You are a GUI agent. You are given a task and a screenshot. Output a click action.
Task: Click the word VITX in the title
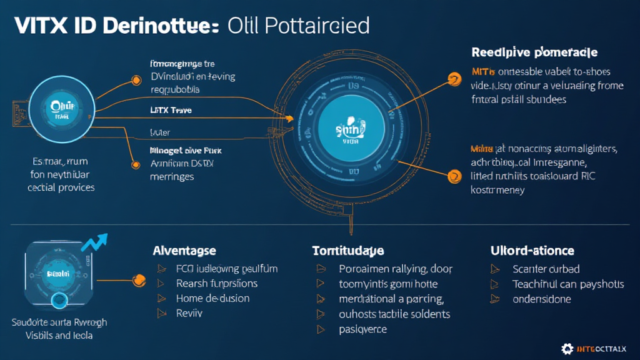pyautogui.click(x=39, y=26)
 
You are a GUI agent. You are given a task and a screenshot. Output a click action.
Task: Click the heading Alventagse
pyautogui.click(x=184, y=251)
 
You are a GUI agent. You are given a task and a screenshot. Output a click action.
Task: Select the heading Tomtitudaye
pyautogui.click(x=347, y=251)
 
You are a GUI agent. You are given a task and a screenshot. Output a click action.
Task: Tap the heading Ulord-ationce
pyautogui.click(x=532, y=251)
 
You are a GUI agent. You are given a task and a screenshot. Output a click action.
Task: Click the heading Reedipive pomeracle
pyautogui.click(x=534, y=52)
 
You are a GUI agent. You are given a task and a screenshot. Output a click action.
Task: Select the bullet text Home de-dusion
pyautogui.click(x=212, y=298)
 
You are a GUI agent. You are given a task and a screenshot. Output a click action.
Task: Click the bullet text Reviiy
pyautogui.click(x=189, y=313)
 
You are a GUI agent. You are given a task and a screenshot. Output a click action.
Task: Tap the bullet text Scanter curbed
pyautogui.click(x=546, y=269)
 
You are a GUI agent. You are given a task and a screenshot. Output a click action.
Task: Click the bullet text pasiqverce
pyautogui.click(x=362, y=329)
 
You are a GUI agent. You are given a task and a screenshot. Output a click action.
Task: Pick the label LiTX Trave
pyautogui.click(x=170, y=110)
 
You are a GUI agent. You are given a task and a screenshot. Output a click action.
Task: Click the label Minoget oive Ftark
pyautogui.click(x=186, y=151)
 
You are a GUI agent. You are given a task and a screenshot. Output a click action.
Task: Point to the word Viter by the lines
pyautogui.click(x=161, y=132)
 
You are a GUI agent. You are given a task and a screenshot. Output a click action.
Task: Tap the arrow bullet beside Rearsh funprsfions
pyautogui.click(x=163, y=284)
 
